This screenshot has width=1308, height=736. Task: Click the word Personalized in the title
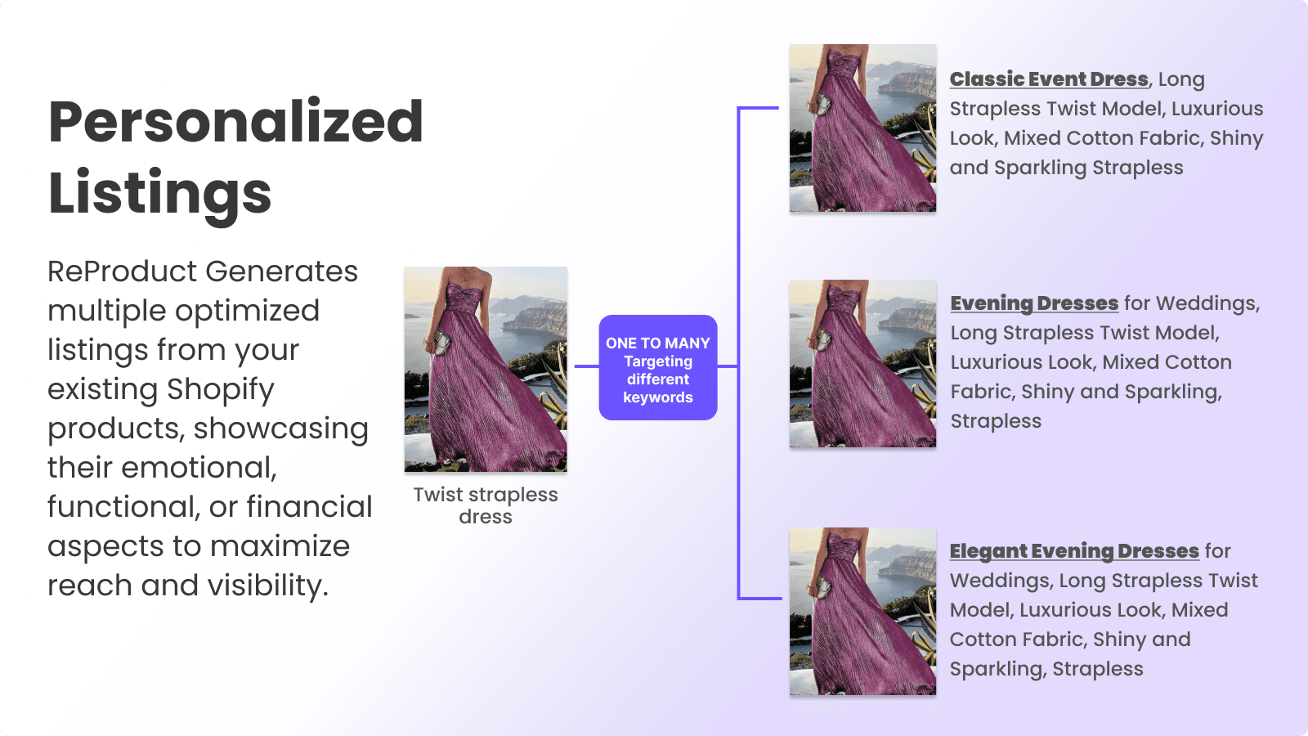[x=235, y=122]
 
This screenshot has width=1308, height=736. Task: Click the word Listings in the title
[x=160, y=193]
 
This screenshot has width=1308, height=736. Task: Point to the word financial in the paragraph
[x=309, y=506]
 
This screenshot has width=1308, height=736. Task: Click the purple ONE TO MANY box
[x=658, y=367]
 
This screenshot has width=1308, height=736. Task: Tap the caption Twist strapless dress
[x=486, y=505]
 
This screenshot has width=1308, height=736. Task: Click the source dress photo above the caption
[x=486, y=369]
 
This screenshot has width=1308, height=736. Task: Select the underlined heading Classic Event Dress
[x=1049, y=79]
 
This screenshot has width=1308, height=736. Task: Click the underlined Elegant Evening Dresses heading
[x=1074, y=551]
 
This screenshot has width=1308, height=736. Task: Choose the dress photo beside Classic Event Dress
[x=862, y=128]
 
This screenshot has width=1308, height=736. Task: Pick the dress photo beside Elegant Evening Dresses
[x=862, y=612]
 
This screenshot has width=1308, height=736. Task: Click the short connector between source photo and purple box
[x=586, y=366]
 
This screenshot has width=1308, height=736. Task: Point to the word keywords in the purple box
[x=658, y=397]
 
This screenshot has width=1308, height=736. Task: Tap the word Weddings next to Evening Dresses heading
[x=1207, y=303]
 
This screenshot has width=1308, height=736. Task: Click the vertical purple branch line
[x=739, y=353]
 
